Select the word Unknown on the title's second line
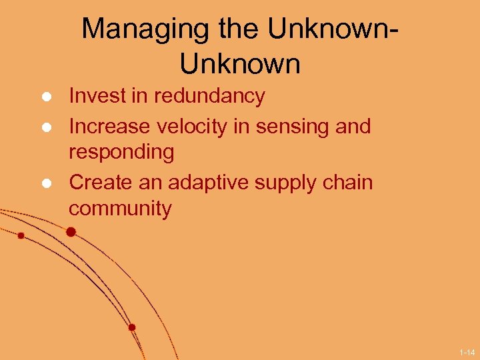point(240,65)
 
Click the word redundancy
point(209,96)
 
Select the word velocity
point(193,125)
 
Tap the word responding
point(121,153)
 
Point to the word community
point(120,209)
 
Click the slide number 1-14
point(467,351)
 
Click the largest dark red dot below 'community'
point(71,232)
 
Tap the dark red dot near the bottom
point(132,327)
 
